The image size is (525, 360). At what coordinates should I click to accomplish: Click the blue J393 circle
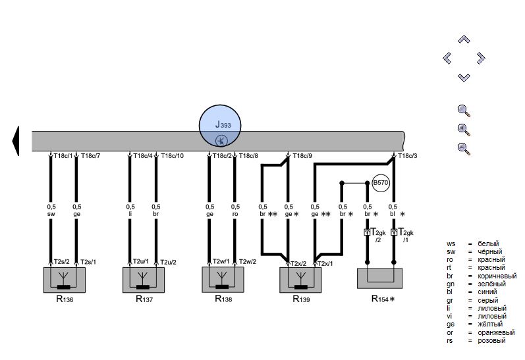click(220, 126)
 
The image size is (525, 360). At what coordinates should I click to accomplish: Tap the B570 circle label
click(381, 183)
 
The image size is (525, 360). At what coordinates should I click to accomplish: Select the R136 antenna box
click(65, 280)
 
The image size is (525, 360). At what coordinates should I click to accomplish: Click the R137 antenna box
click(144, 280)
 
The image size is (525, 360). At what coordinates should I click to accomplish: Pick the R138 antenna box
click(223, 280)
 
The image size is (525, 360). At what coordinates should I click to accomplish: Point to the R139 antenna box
click(300, 280)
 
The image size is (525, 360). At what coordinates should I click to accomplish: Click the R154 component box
click(379, 278)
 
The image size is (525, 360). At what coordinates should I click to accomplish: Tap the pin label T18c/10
click(172, 156)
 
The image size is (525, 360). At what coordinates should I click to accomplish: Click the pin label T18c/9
click(302, 156)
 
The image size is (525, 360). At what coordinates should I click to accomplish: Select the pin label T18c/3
click(408, 156)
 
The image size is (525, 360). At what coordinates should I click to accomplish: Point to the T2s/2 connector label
click(62, 262)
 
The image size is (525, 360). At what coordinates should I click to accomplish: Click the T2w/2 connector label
click(248, 262)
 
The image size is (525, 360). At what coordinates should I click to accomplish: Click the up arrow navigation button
click(464, 39)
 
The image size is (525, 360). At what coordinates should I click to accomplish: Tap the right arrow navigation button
click(481, 58)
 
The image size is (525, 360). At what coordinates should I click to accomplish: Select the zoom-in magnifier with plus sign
click(464, 130)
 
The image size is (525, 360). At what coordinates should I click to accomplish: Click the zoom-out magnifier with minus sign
click(464, 149)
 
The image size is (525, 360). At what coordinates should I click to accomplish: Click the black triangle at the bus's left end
click(16, 141)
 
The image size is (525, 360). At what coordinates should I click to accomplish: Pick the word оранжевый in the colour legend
click(496, 332)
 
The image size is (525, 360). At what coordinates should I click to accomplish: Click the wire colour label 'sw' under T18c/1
click(51, 214)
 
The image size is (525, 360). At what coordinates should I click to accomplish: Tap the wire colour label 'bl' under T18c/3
click(393, 214)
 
